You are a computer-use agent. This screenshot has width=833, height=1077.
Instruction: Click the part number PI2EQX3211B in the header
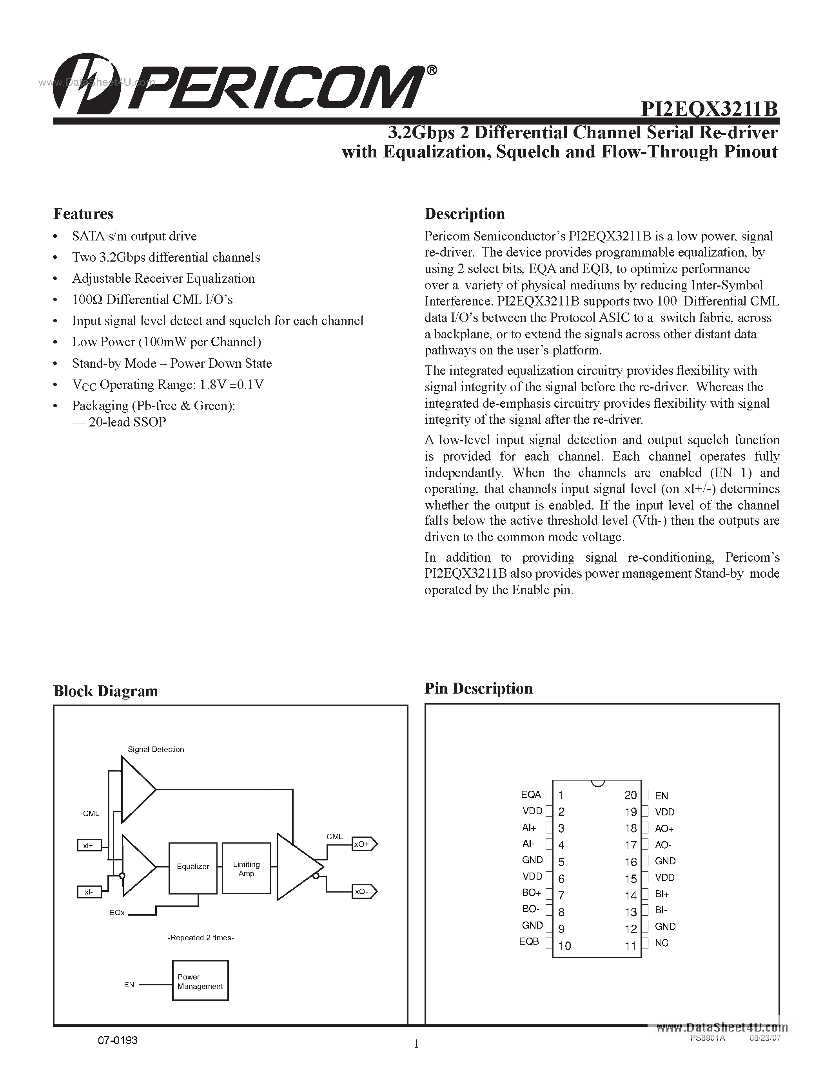coord(709,109)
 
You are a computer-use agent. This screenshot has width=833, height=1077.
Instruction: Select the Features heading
coord(83,214)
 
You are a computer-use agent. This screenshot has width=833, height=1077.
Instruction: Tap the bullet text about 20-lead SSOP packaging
coord(127,422)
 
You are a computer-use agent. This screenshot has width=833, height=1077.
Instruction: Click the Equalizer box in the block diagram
coord(193,866)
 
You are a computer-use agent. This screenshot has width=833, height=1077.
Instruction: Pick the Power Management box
coord(200,981)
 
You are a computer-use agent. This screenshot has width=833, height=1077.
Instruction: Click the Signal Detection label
coord(156,749)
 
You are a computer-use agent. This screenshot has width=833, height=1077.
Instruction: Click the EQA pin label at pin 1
coord(531,795)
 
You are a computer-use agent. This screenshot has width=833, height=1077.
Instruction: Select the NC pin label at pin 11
coord(661,943)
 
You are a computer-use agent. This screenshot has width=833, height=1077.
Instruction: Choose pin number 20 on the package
coord(630,795)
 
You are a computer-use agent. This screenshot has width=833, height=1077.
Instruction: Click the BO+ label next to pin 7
coord(532,893)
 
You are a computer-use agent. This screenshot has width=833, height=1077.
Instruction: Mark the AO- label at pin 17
coord(663,845)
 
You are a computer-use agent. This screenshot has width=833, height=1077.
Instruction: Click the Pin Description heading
coord(478,688)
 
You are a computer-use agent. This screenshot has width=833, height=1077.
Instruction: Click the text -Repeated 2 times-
coord(201,938)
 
